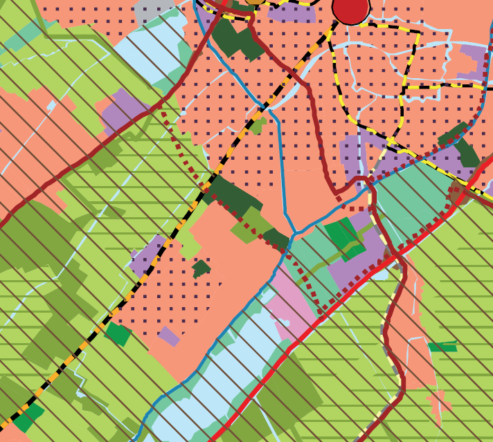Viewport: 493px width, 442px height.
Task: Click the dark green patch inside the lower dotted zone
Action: (201, 267)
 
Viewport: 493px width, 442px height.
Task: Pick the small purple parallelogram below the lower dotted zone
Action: (169, 336)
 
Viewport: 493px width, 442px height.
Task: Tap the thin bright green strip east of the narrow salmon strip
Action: (442, 347)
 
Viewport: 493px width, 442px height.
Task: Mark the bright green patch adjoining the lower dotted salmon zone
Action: (118, 333)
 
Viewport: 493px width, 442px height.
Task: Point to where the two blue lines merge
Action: (294, 232)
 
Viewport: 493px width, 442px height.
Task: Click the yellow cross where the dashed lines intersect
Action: (391, 142)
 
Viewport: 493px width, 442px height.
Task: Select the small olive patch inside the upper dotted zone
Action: (258, 126)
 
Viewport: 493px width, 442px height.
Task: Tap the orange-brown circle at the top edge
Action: (256, 1)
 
